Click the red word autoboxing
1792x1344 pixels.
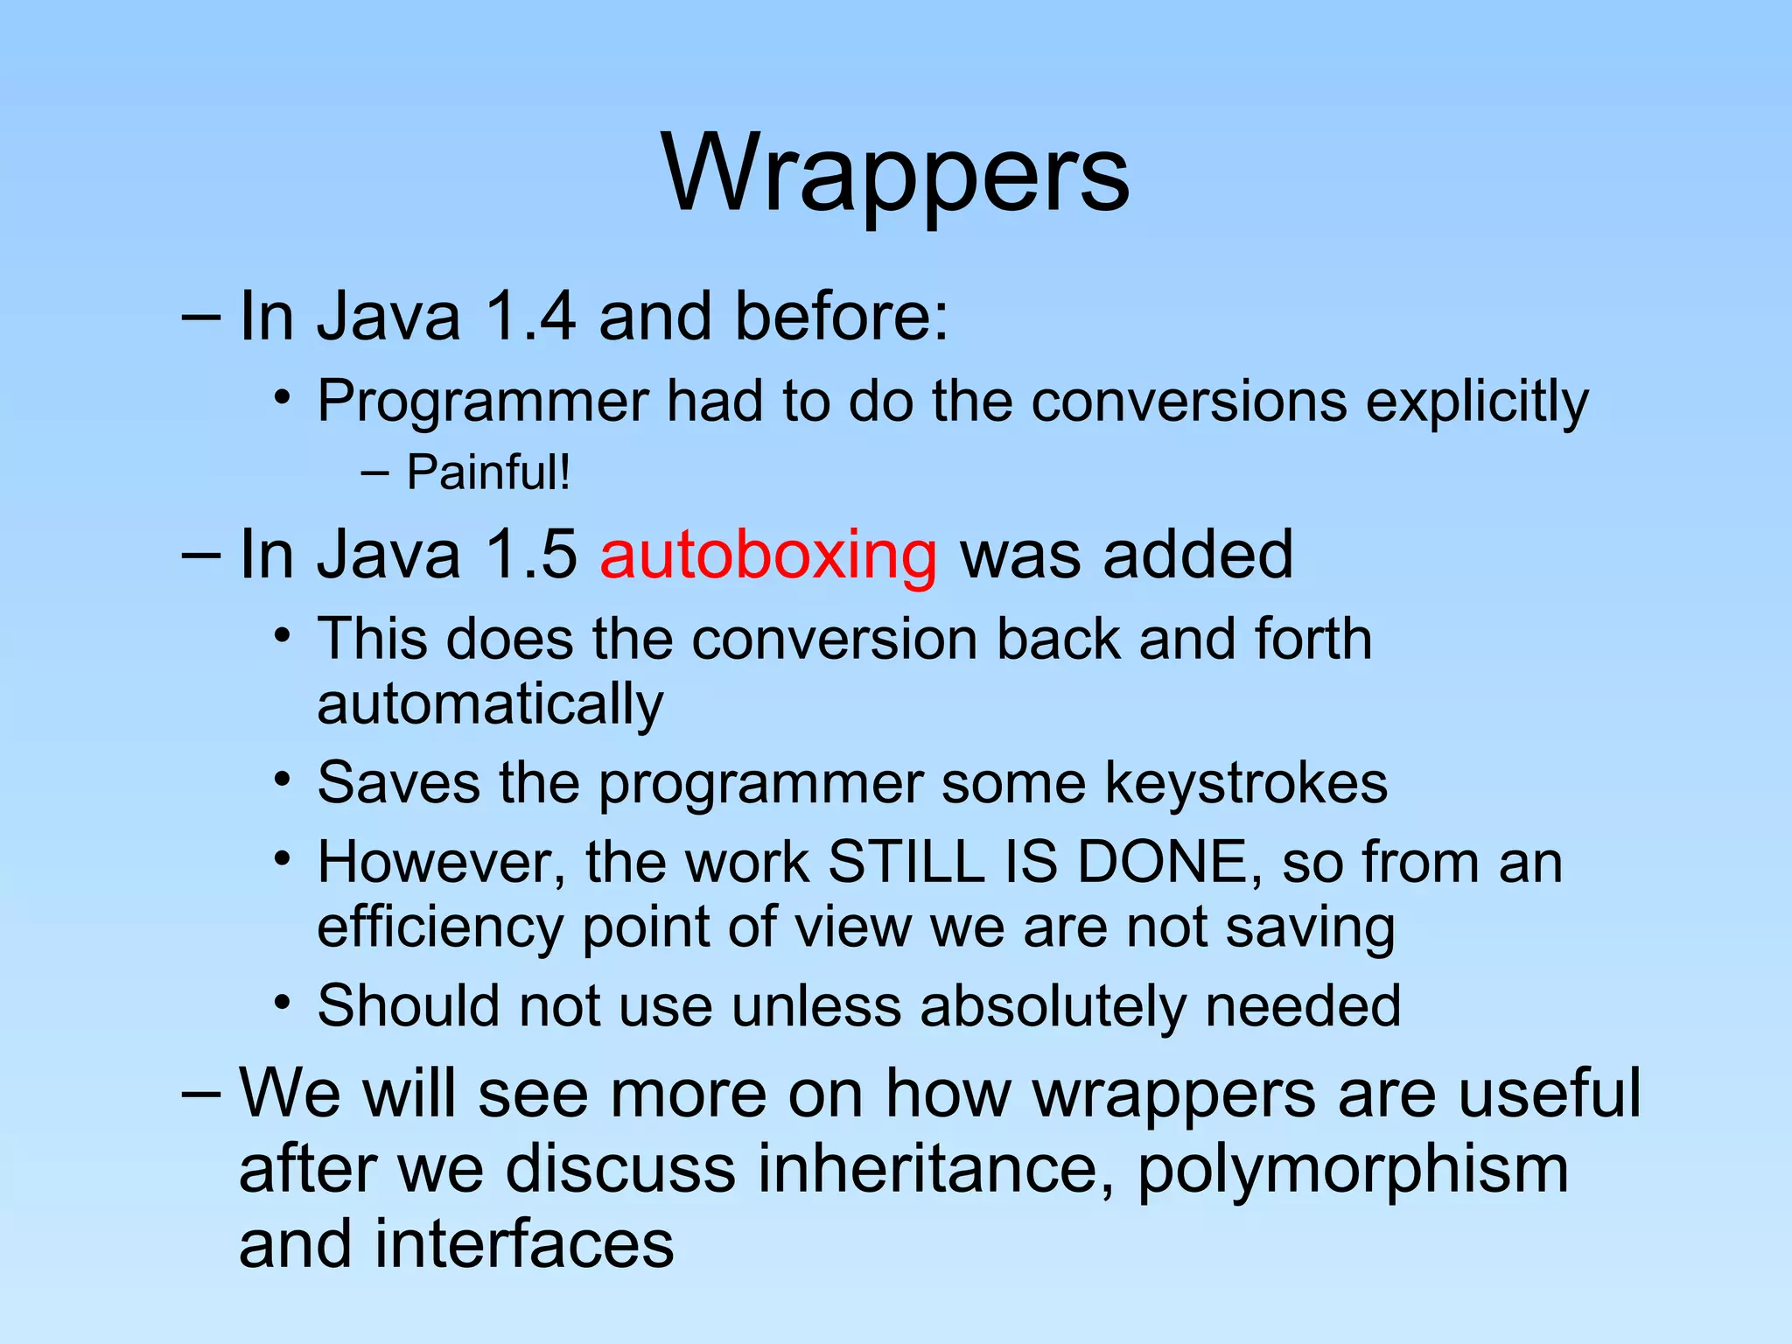(768, 555)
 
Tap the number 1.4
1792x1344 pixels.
(530, 316)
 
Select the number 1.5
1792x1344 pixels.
(530, 555)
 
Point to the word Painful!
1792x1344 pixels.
(488, 472)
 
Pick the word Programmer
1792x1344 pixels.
(482, 402)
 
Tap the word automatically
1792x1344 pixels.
(490, 704)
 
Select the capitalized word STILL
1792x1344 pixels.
(906, 862)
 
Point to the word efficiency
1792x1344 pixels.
(440, 927)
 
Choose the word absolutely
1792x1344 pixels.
(1053, 1005)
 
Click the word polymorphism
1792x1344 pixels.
(1352, 1169)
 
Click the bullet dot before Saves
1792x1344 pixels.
(281, 778)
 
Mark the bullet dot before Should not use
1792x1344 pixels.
(281, 1002)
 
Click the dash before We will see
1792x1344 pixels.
(200, 1094)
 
